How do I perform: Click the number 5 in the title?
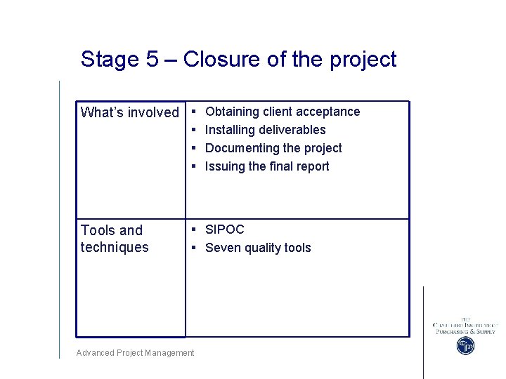tap(153, 60)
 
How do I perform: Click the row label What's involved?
tap(130, 112)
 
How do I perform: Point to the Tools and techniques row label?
tap(115, 239)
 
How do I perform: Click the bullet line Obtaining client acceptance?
tap(282, 112)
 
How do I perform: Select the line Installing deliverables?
tap(265, 130)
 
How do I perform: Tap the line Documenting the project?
tap(273, 148)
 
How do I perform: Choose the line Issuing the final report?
tap(267, 166)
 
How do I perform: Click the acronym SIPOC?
tap(224, 230)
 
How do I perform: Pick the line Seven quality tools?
tap(258, 248)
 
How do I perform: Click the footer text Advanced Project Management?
tap(135, 353)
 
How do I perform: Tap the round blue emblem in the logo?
tap(465, 345)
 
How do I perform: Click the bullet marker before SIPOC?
tap(193, 230)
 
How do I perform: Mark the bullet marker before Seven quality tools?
tap(193, 248)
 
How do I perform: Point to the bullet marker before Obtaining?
tap(193, 112)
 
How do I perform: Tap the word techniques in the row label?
tap(115, 247)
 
